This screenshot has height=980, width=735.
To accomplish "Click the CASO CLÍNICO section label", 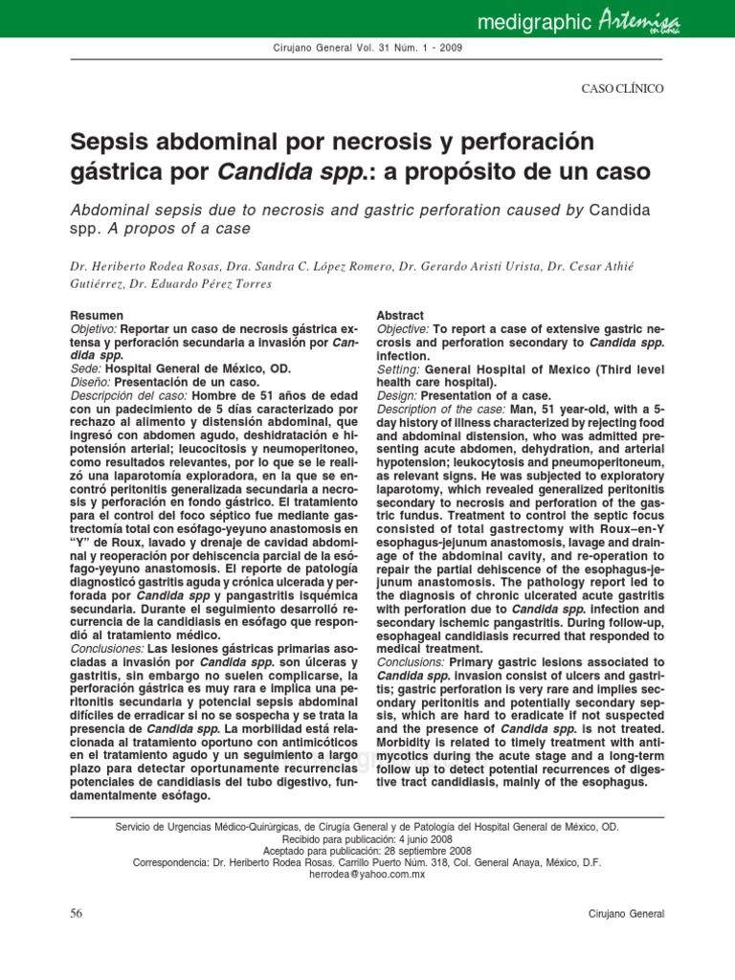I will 623,88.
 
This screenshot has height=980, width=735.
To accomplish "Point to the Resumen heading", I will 97,315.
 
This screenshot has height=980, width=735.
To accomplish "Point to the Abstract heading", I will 399,315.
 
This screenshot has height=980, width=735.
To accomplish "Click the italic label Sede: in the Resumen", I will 86,368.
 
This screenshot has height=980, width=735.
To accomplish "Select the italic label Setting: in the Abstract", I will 399,368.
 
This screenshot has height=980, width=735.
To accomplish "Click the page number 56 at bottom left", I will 78,913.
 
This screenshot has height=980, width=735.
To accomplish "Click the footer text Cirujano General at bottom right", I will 626,914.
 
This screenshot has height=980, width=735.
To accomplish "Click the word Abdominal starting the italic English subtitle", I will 112,208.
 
